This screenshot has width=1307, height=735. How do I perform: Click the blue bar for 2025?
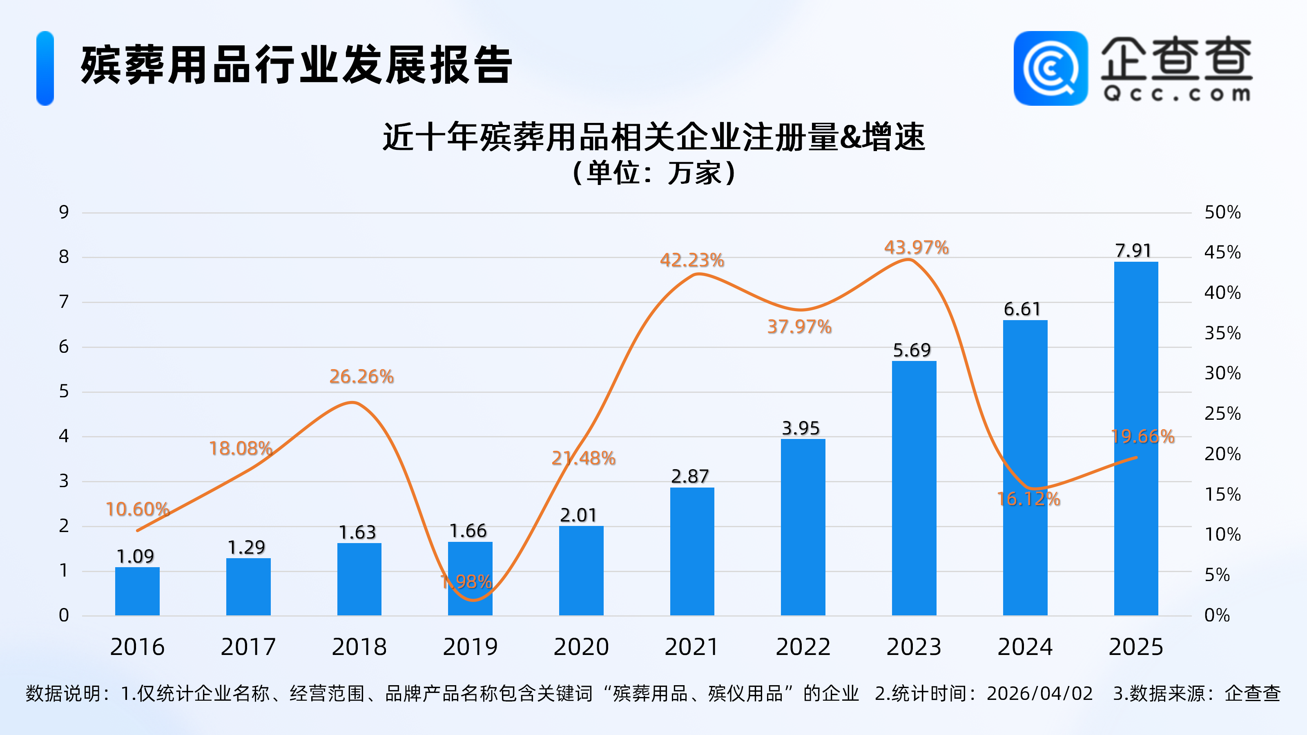(x=1135, y=439)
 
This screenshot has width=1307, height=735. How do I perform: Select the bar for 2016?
(x=137, y=591)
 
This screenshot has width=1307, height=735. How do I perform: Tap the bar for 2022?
(x=803, y=528)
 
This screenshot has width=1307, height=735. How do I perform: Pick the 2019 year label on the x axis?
(x=470, y=647)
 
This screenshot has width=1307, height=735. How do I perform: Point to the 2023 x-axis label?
(x=914, y=647)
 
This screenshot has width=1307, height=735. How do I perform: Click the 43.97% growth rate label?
(x=916, y=247)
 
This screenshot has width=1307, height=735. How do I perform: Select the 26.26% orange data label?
(x=361, y=376)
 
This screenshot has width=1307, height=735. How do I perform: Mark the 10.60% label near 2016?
(x=137, y=509)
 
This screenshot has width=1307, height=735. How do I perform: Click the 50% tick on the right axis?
(x=1222, y=212)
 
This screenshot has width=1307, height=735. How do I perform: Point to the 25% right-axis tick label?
(x=1222, y=413)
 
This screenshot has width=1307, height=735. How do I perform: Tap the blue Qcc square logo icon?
(x=1050, y=69)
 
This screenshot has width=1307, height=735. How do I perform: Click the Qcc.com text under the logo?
(x=1177, y=94)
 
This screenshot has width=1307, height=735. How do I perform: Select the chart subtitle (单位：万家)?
(x=653, y=173)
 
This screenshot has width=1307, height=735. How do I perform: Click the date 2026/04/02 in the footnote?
(x=1039, y=693)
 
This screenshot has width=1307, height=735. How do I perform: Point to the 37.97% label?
(x=799, y=327)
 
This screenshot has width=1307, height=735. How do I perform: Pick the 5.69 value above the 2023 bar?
(x=912, y=350)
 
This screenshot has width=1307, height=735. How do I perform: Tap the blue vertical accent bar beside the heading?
(x=45, y=69)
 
